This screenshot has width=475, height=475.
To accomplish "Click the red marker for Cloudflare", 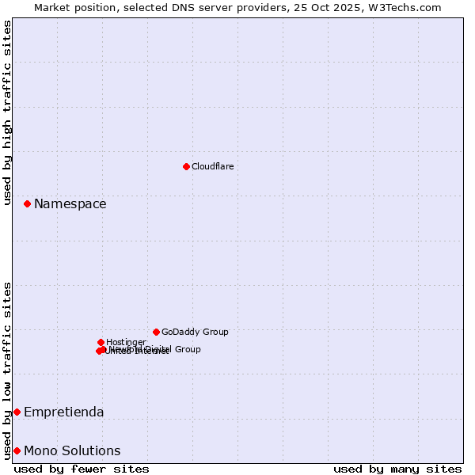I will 186,166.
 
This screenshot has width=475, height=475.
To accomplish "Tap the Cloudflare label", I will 212,167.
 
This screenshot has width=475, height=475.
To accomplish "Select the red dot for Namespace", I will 27,203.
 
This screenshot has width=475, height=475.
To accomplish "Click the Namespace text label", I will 70,204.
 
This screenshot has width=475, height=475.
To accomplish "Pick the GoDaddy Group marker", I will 156,332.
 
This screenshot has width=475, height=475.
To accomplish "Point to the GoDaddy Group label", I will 195,332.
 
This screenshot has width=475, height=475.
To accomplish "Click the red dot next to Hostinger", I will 101,342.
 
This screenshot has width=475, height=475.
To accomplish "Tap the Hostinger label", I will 126,342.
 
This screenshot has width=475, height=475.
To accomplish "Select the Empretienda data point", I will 17,412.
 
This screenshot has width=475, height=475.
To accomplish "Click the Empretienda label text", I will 63,412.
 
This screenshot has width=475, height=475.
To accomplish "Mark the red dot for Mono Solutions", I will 17,450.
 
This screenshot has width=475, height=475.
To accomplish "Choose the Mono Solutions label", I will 72,451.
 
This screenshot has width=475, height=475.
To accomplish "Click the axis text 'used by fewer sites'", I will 82,469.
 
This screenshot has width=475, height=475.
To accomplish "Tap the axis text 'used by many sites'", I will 397,469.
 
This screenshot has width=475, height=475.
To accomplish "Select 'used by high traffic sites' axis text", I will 8,112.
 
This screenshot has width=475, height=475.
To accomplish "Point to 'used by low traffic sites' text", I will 8,370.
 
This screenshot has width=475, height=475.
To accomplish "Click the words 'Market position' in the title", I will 74,7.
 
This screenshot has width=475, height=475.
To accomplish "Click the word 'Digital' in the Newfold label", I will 157,349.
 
